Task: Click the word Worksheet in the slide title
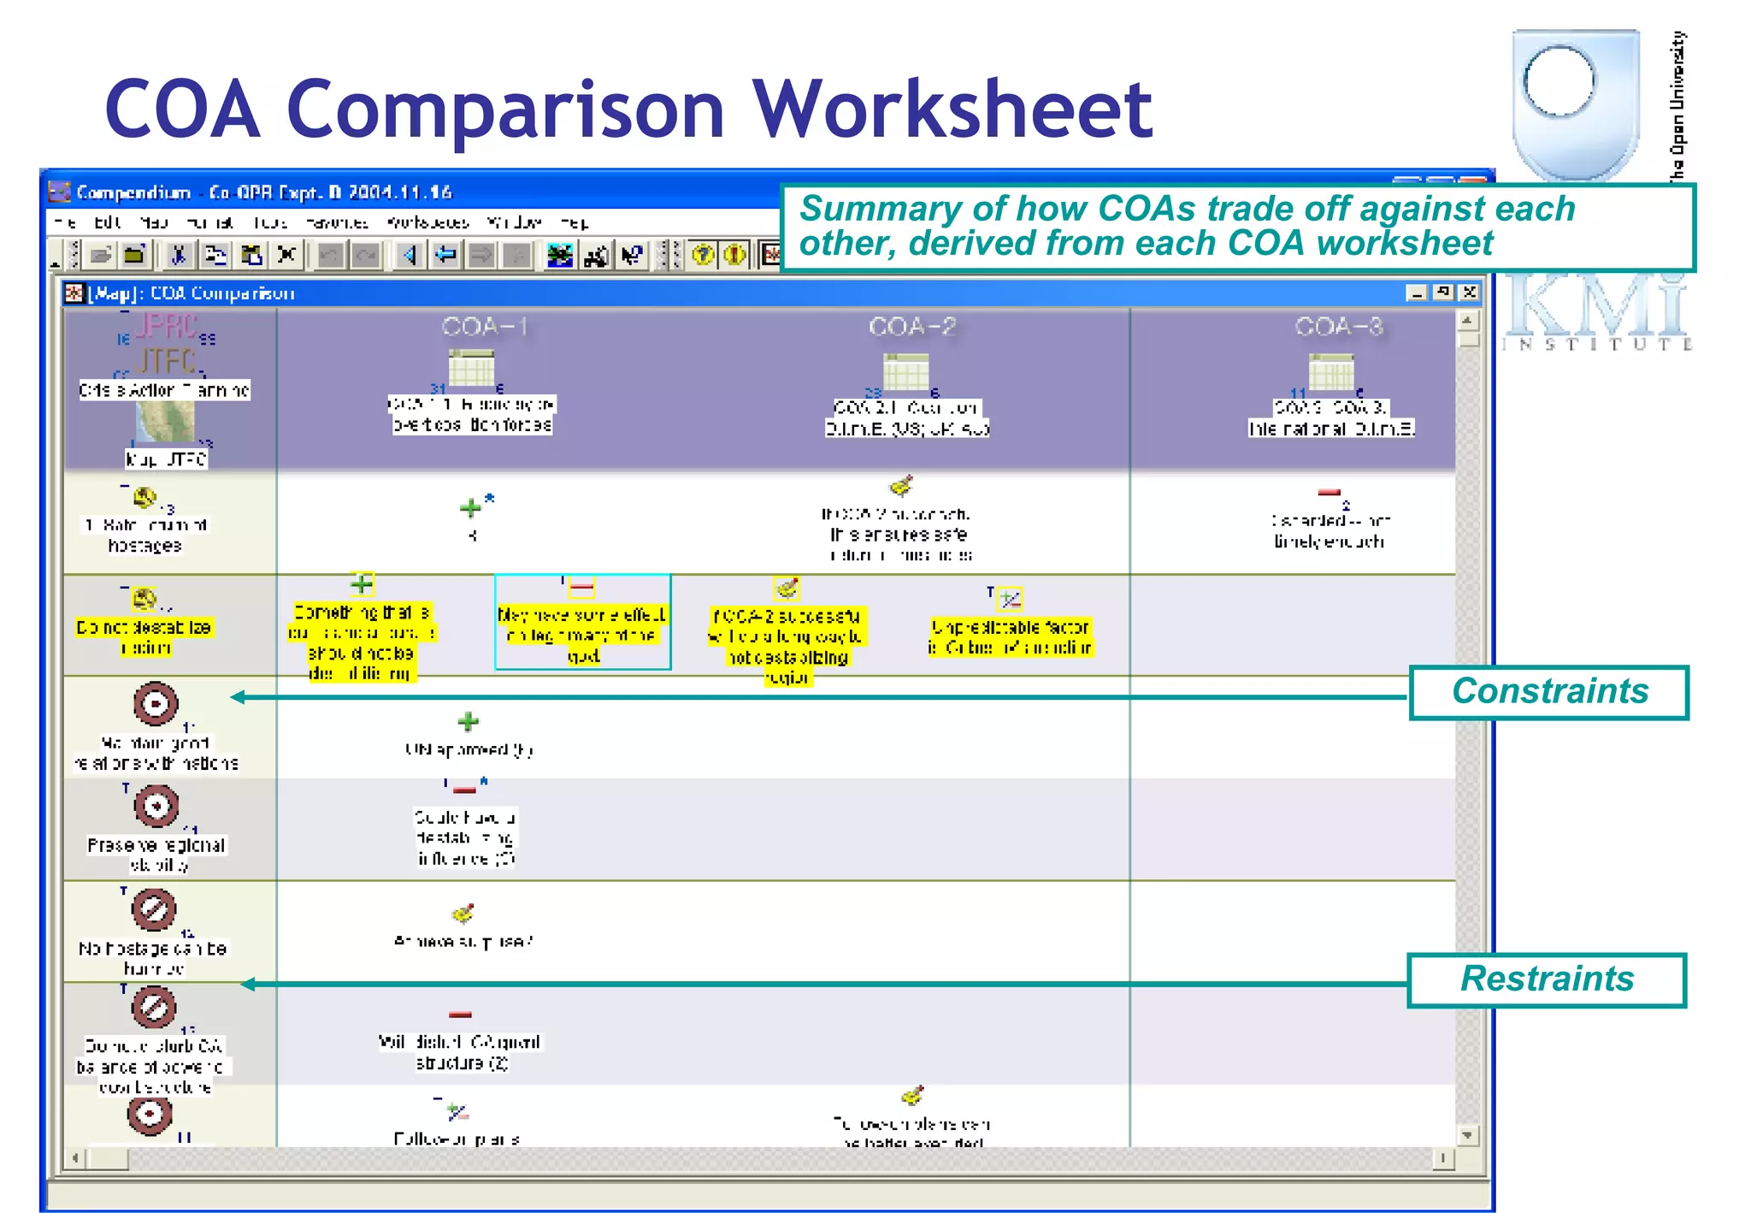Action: [951, 109]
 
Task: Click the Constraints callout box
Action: [1548, 692]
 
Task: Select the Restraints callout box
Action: [1546, 979]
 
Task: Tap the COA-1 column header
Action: [484, 327]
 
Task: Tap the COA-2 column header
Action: [911, 327]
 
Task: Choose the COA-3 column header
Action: [1338, 327]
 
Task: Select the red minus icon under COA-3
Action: [1329, 493]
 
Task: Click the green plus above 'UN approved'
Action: [468, 722]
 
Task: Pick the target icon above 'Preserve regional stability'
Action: [156, 806]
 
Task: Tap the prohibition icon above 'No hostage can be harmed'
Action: [154, 908]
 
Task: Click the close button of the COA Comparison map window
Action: [1469, 293]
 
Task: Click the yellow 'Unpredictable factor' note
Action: [1010, 637]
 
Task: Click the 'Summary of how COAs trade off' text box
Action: [1236, 227]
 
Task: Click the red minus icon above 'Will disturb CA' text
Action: [460, 1015]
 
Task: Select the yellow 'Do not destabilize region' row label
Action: [144, 637]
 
